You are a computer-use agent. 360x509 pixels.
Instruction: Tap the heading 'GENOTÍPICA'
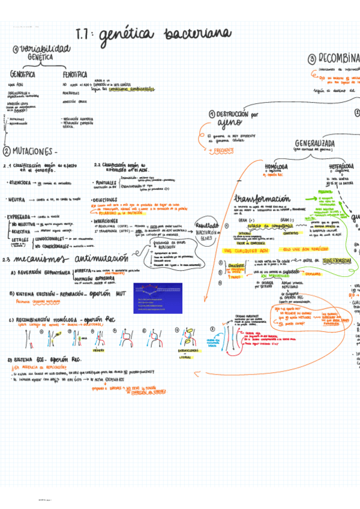click(x=22, y=75)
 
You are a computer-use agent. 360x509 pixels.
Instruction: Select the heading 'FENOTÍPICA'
click(x=76, y=75)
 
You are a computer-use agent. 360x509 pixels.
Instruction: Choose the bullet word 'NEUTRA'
click(x=17, y=199)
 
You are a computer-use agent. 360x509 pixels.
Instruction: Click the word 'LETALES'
click(x=22, y=239)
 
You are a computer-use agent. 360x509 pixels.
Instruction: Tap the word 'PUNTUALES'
click(x=107, y=182)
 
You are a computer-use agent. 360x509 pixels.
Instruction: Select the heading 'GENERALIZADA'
click(x=314, y=143)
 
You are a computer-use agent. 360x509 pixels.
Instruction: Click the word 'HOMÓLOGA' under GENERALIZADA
click(x=276, y=166)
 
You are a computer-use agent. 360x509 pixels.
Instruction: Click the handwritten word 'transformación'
click(x=262, y=199)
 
